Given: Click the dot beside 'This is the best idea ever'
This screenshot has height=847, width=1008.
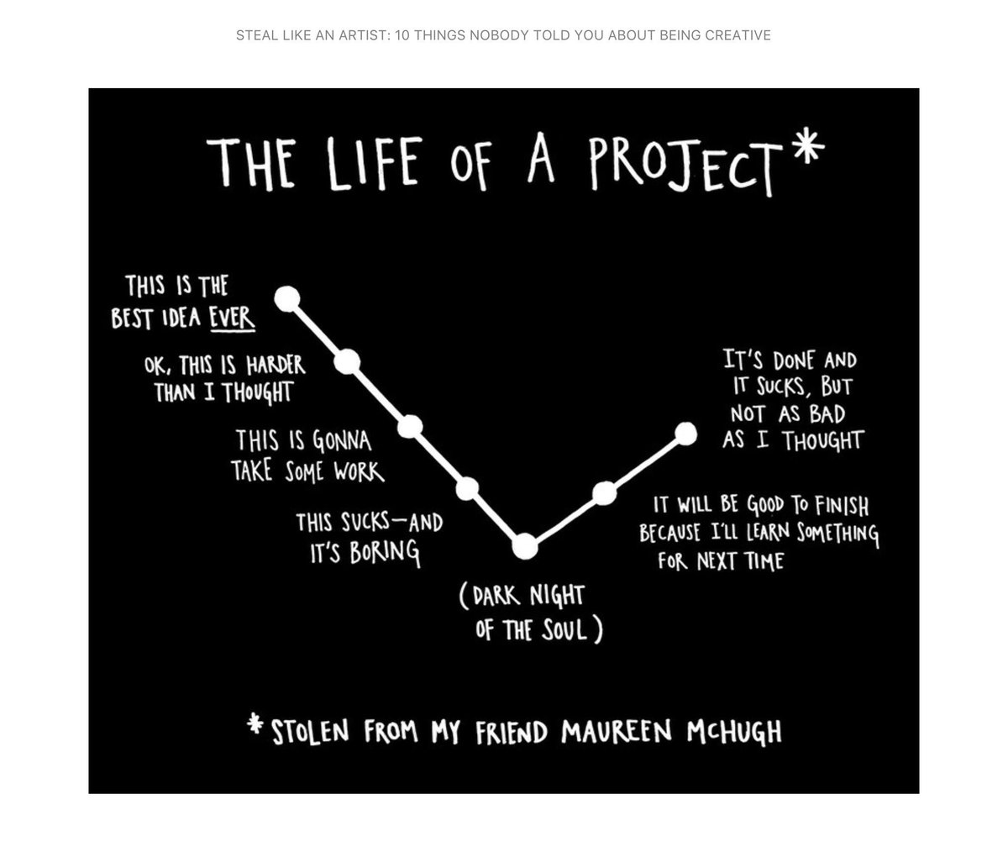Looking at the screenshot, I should [287, 297].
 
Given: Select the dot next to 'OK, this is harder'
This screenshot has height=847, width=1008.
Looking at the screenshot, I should [347, 362].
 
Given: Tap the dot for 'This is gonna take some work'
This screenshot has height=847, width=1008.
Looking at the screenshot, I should [409, 426].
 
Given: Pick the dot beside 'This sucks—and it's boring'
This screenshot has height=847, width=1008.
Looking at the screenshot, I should [467, 488].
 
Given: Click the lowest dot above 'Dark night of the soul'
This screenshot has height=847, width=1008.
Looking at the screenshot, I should [524, 547].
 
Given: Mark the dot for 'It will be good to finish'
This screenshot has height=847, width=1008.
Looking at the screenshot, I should [605, 493].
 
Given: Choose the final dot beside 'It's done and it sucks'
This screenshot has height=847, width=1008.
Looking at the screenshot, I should [685, 434].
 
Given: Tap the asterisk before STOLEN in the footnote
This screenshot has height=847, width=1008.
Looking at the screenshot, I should [255, 724].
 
